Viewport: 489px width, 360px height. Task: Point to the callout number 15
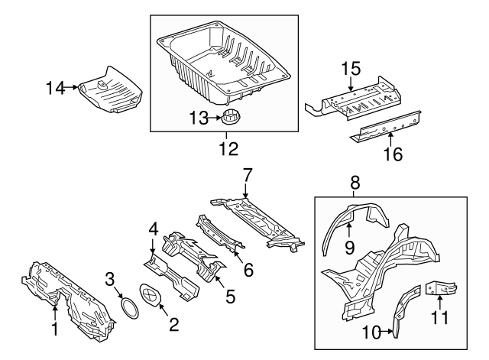tap(351, 70)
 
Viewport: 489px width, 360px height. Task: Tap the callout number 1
tap(54, 329)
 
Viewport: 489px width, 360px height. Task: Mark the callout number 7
tap(246, 174)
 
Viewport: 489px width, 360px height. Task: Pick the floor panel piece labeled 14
tap(112, 89)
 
